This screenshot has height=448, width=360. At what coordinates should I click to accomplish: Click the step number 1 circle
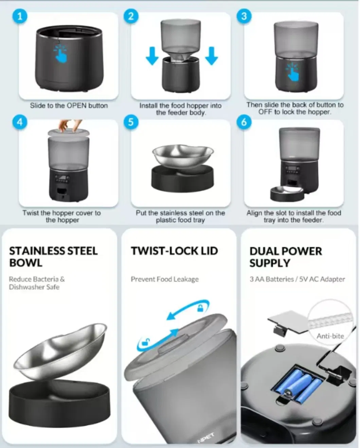pos(20,16)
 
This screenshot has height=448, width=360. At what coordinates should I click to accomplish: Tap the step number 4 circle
pos(20,122)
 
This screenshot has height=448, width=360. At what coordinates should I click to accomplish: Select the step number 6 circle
pos(244,122)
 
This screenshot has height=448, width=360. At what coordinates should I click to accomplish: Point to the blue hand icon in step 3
pos(292,72)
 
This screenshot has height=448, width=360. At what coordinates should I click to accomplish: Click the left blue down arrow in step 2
pos(152,56)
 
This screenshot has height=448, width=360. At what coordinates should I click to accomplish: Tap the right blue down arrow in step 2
pos(211,56)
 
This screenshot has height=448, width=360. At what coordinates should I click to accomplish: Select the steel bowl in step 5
pos(183,155)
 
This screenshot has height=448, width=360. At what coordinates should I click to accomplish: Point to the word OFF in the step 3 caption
pos(266,112)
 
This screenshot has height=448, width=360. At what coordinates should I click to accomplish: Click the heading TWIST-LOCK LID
pos(174,251)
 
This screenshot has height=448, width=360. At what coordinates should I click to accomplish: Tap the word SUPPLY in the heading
pos(270,263)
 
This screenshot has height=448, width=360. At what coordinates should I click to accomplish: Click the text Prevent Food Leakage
pos(165,279)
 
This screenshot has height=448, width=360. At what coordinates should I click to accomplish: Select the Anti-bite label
pos(330,336)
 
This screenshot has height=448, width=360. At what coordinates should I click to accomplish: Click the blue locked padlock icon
pos(200,308)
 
